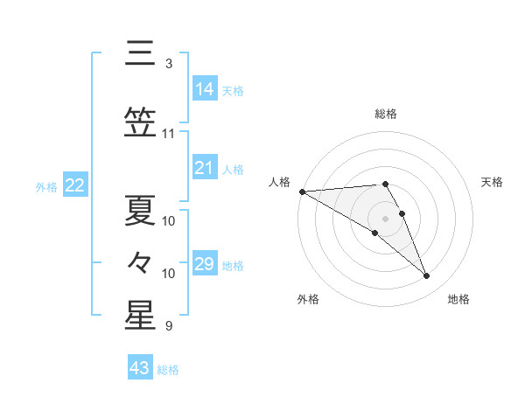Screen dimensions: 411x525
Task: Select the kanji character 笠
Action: [x=140, y=123]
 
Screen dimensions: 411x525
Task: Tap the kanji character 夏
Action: [x=140, y=208]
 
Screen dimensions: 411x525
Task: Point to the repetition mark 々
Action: [x=140, y=261]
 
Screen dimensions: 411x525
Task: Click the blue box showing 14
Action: [x=205, y=89]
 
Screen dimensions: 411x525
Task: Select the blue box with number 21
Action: [x=205, y=168]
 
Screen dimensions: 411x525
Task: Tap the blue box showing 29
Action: [x=205, y=264]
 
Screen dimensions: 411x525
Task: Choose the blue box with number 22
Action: [x=74, y=185]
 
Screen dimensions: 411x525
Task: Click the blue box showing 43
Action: [x=140, y=368]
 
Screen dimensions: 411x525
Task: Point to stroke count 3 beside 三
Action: [x=169, y=64]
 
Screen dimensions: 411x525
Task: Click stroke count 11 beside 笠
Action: [x=169, y=134]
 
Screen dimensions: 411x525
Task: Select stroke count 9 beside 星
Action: [x=169, y=326]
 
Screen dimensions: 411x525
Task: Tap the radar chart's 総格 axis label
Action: [x=386, y=114]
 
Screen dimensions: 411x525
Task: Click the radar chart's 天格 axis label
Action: [x=493, y=182]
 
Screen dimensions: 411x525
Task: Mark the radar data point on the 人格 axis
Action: [x=302, y=192]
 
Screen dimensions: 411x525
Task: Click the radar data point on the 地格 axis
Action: [x=427, y=276]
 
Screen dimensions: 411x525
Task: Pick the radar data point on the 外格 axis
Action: [x=375, y=233]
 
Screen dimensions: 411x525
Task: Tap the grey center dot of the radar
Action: [x=386, y=218]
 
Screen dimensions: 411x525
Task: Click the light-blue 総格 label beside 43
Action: [x=169, y=369]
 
